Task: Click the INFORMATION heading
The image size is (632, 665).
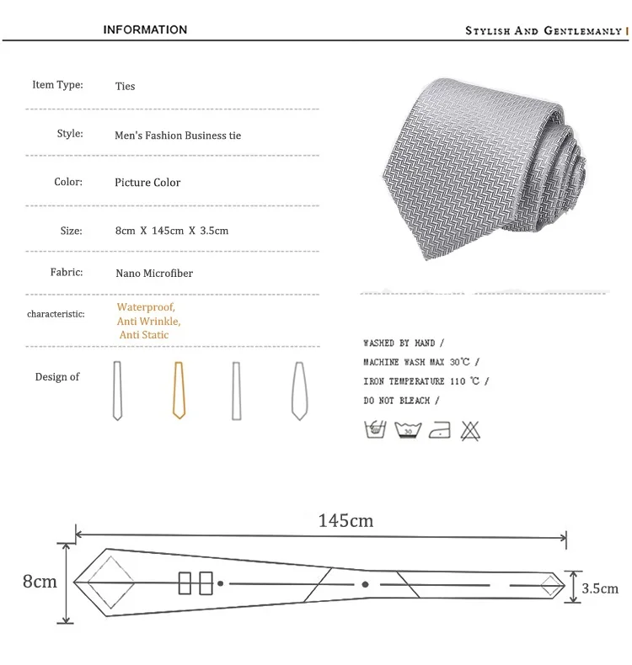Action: click(x=145, y=29)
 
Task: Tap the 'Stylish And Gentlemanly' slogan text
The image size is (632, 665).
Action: click(x=544, y=31)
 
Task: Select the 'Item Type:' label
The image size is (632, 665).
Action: click(x=58, y=85)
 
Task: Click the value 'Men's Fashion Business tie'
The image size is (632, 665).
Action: click(x=178, y=136)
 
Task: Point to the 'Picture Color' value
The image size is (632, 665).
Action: click(x=147, y=183)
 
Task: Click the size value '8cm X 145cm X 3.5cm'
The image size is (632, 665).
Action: click(x=172, y=231)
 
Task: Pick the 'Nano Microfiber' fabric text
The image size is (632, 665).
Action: click(x=154, y=273)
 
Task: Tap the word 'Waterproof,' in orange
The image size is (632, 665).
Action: click(x=146, y=306)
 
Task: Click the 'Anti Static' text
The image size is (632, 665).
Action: click(x=144, y=335)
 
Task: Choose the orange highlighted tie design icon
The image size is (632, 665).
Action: click(x=179, y=391)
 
